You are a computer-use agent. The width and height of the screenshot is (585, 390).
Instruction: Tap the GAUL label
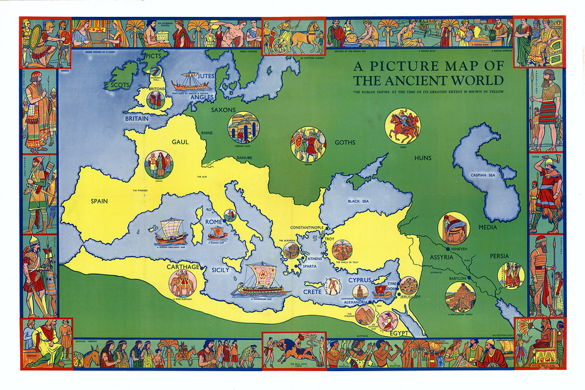point(180,142)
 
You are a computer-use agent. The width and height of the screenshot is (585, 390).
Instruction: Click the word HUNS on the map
point(422,158)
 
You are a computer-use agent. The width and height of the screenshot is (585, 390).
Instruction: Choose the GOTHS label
point(345,142)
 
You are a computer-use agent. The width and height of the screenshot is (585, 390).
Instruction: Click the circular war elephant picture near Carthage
point(183,283)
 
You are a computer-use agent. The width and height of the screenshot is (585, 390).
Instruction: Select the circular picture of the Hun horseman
point(402,126)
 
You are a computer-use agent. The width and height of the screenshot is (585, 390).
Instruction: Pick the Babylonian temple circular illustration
point(460,296)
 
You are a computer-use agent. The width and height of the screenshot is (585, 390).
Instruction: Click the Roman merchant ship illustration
point(167,231)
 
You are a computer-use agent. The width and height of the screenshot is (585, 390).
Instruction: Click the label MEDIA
point(487,227)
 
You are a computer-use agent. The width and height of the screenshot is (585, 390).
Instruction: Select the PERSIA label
point(500,256)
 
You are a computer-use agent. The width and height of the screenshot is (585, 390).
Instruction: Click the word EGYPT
point(398,333)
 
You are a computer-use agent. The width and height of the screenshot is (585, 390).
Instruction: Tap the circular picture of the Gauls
point(159,164)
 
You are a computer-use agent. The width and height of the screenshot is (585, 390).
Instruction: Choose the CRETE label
point(312,292)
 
